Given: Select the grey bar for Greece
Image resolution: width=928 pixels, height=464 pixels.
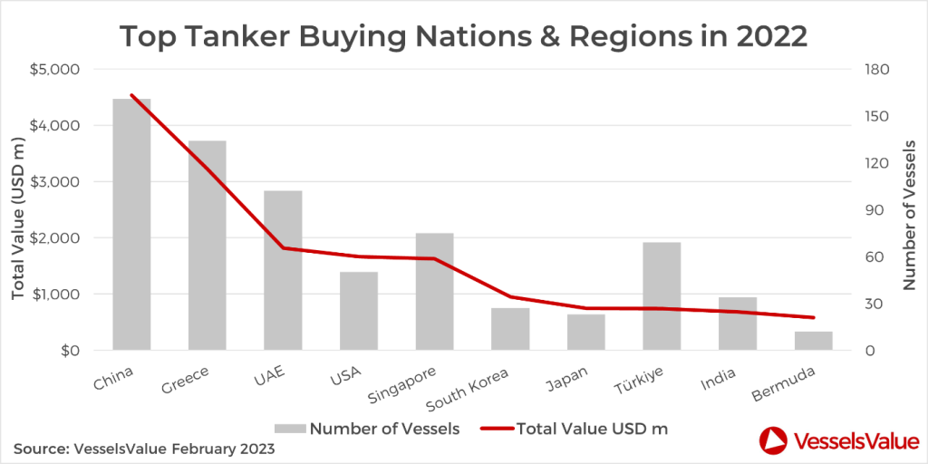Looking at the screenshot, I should click(x=207, y=245).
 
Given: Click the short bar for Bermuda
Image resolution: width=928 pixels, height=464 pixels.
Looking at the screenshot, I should click(x=813, y=341).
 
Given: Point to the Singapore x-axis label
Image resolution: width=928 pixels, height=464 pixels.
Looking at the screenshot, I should click(x=402, y=386).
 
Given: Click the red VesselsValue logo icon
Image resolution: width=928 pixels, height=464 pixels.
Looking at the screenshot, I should click(x=772, y=440).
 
